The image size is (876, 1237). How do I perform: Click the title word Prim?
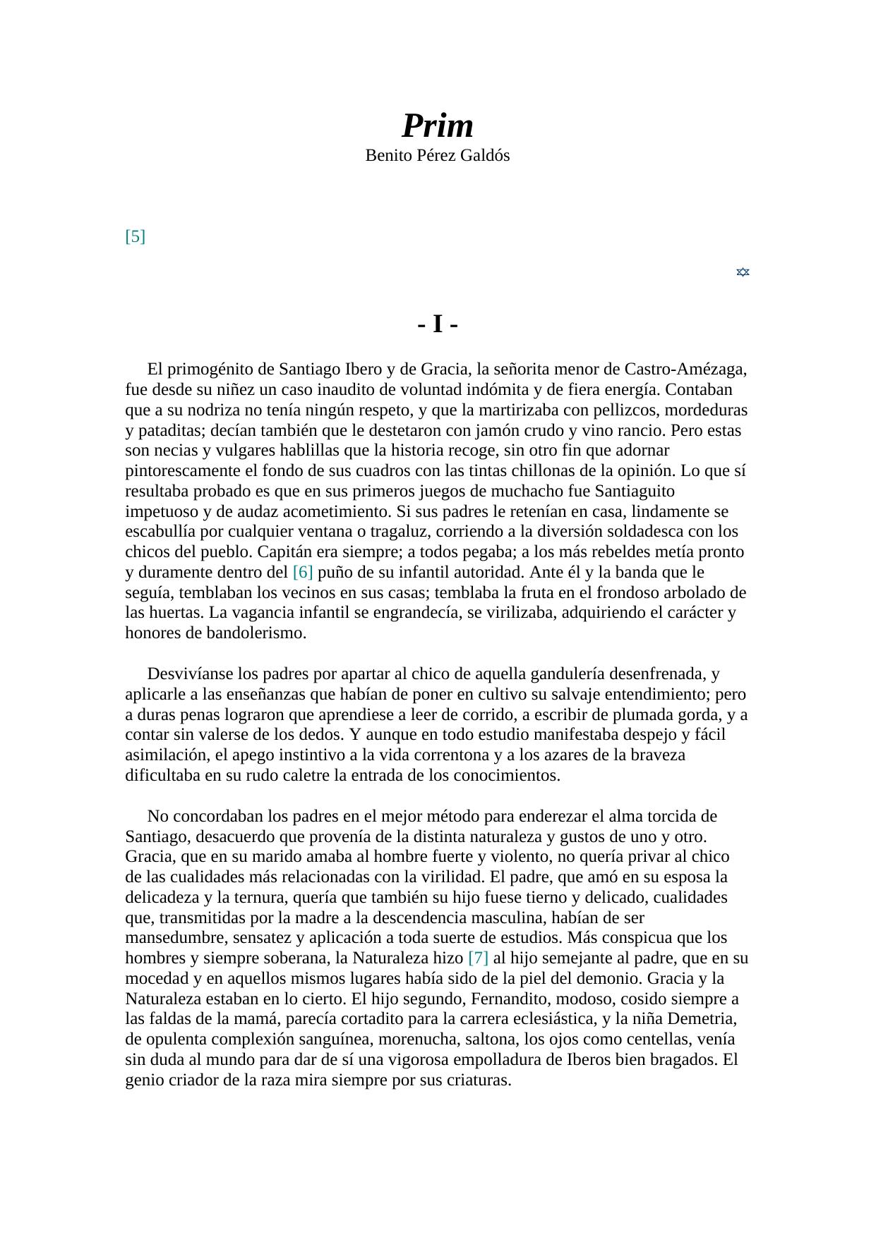coord(437,126)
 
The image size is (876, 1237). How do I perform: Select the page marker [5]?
coord(135,236)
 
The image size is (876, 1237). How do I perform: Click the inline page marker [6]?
coord(302,572)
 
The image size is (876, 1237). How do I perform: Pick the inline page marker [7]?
coord(478,958)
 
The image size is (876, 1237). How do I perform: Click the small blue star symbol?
coord(743,272)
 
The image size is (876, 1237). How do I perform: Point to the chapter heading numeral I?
coord(438,325)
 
